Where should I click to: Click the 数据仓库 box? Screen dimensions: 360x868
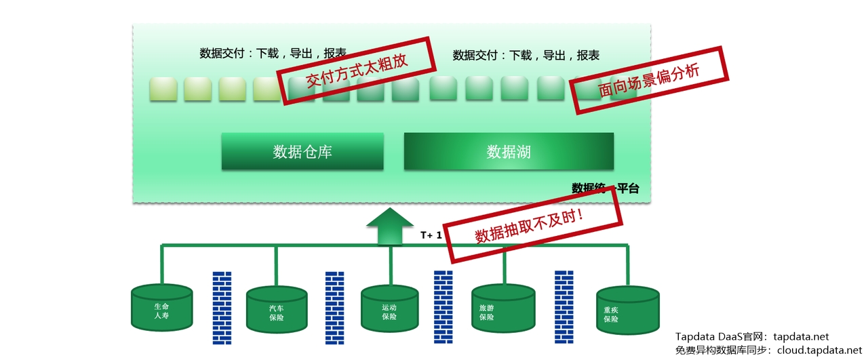click(302, 151)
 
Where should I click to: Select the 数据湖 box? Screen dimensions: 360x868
click(509, 151)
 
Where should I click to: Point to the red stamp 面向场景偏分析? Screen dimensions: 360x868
click(648, 80)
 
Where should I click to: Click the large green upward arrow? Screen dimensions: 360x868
click(390, 226)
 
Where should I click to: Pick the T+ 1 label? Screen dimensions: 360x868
click(431, 235)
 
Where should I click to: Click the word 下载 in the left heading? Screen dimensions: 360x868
click(268, 54)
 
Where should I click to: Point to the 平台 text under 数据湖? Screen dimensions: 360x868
click(627, 188)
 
